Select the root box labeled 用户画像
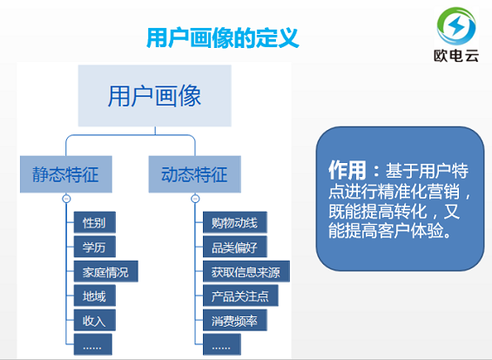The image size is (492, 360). click(157, 94)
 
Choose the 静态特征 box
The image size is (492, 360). click(59, 174)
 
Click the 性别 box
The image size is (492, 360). click(94, 222)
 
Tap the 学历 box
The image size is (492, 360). click(94, 247)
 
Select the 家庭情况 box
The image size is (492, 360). click(105, 271)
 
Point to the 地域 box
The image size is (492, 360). click(94, 295)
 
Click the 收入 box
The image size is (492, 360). click(94, 320)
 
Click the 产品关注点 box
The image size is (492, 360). click(240, 295)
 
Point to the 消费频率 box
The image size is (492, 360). click(234, 320)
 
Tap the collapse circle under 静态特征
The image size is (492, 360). click(66, 199)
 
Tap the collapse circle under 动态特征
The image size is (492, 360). click(195, 199)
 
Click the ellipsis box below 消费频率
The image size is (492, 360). click(225, 346)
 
